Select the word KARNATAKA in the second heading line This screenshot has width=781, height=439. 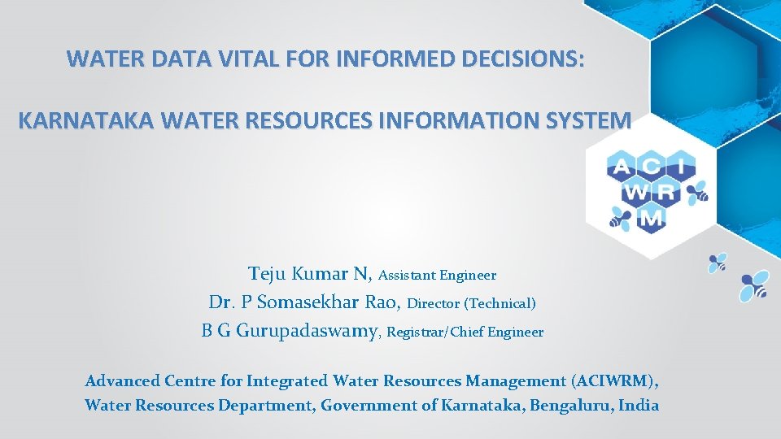point(86,121)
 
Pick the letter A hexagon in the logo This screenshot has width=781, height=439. point(621,167)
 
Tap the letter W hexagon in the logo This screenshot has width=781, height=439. point(635,193)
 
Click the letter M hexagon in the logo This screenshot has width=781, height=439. point(651,218)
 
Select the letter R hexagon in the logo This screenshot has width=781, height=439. point(666,193)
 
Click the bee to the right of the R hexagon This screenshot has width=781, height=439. point(697,192)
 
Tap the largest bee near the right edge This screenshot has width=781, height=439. point(753,286)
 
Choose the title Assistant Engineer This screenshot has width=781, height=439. point(437,276)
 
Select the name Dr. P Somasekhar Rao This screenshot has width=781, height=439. point(304,302)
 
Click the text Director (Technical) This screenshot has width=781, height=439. point(471,304)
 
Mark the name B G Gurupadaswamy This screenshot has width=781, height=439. point(290,331)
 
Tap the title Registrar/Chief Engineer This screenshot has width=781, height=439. point(465,332)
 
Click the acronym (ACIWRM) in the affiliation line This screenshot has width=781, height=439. point(614,380)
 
